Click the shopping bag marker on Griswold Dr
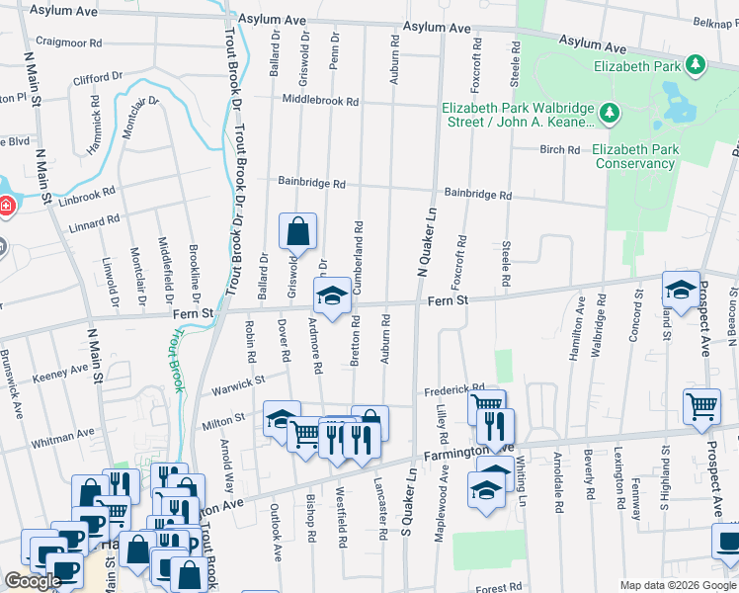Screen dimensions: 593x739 click(297, 232)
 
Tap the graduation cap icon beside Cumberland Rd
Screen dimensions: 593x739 click(332, 295)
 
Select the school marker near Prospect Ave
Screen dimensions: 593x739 click(680, 289)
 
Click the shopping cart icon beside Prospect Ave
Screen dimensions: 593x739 click(701, 406)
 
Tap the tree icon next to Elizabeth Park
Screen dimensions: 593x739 click(697, 65)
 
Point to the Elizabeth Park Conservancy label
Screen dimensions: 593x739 click(635, 156)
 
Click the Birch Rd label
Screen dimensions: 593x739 click(559, 150)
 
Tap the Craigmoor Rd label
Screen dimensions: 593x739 click(68, 43)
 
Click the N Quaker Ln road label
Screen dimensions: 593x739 click(426, 241)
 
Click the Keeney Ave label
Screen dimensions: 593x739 click(60, 373)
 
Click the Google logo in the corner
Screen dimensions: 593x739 click(33, 581)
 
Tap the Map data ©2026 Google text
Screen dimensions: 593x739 click(677, 585)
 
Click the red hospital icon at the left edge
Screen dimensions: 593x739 click(5, 206)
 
